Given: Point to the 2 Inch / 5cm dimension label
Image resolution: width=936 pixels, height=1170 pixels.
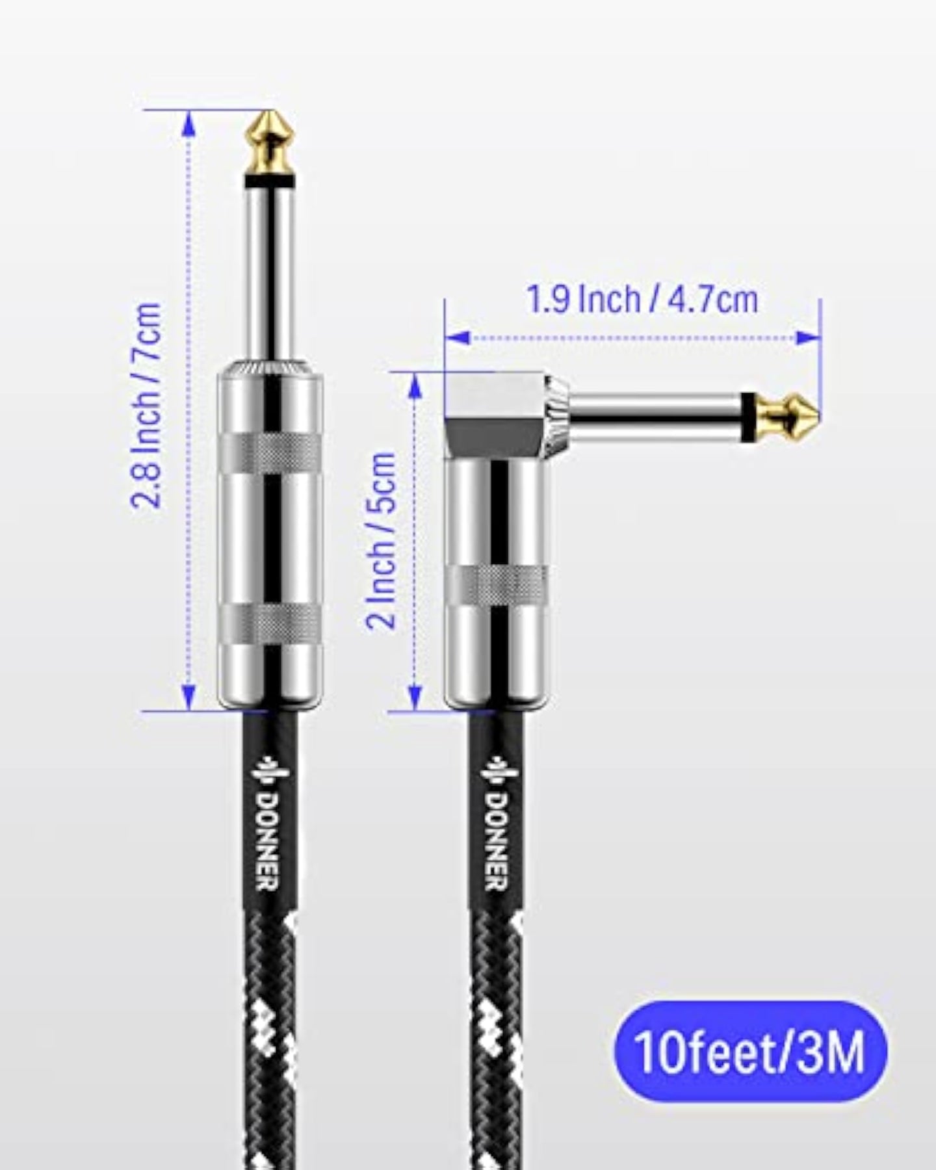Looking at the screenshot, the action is click(382, 539).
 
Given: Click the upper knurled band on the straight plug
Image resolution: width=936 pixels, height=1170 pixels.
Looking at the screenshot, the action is click(269, 451).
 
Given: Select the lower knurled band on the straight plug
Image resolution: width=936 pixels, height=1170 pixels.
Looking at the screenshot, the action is click(269, 624).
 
